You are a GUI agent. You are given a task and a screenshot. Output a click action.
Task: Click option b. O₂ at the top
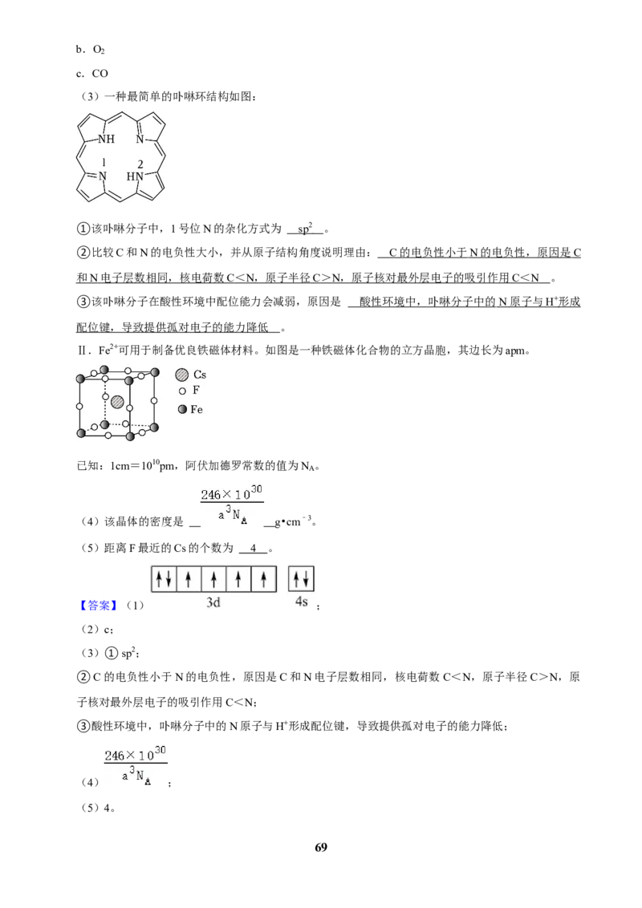point(91,50)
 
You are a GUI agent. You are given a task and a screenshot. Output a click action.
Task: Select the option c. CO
point(92,74)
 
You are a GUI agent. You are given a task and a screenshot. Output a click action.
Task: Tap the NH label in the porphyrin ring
point(106,139)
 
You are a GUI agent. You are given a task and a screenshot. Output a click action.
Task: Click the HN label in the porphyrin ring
point(135,176)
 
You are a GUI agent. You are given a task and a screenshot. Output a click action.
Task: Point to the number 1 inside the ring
point(104,163)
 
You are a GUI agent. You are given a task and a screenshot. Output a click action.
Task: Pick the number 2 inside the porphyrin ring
point(140,164)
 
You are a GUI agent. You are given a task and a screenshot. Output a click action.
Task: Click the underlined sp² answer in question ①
point(306,228)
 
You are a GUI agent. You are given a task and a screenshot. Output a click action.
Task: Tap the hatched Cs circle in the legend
point(182,375)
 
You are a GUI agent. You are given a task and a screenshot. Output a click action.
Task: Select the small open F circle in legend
point(182,391)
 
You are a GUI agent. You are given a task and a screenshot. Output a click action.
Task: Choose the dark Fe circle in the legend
point(182,409)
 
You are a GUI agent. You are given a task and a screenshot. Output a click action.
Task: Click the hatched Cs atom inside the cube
point(118,401)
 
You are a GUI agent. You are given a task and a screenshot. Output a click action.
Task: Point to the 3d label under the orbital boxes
point(213,602)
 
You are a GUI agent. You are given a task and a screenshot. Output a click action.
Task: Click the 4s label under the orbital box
point(301,602)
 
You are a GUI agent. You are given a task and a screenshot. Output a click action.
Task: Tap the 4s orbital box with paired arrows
point(301,578)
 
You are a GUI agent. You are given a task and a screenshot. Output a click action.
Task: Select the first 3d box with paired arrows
point(164,579)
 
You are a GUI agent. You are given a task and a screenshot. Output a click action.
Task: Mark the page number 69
point(321,847)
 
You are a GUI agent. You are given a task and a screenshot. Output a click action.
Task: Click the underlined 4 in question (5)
point(254,548)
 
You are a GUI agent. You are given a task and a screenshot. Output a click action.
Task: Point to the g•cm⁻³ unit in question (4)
point(295,521)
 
